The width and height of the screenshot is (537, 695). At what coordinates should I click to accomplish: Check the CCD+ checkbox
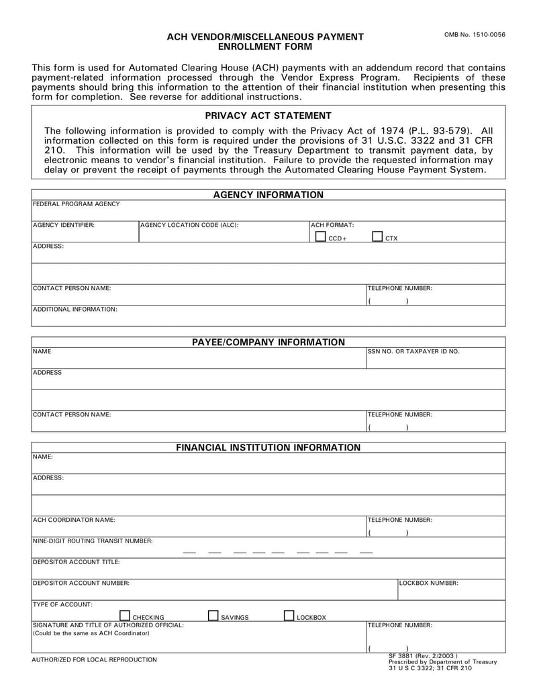(321, 236)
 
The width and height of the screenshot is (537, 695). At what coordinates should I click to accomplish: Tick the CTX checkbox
(377, 236)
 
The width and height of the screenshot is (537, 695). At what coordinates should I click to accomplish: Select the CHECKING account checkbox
(124, 615)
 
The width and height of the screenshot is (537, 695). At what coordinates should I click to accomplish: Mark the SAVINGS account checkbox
(213, 615)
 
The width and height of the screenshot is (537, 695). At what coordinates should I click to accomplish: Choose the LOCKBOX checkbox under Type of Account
(289, 615)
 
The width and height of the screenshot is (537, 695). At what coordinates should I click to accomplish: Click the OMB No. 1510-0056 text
(475, 35)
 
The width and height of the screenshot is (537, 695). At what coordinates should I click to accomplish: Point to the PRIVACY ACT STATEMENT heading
(268, 115)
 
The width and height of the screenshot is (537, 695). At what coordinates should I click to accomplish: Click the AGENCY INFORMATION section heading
(268, 195)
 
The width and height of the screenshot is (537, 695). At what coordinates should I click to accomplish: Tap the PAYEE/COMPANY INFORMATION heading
(268, 342)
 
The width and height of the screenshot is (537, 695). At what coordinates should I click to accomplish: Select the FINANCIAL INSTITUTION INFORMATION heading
(268, 447)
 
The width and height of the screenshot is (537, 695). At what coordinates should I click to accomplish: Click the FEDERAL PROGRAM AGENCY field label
(77, 204)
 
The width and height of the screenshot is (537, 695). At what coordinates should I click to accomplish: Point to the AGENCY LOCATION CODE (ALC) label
(189, 225)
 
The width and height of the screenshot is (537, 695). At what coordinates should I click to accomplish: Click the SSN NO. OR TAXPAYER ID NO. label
(413, 351)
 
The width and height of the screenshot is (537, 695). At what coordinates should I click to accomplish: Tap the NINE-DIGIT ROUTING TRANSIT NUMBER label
(93, 541)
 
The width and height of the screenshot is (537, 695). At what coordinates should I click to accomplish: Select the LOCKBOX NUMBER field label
(429, 583)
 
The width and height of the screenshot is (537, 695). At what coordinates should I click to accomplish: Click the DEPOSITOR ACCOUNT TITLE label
(77, 561)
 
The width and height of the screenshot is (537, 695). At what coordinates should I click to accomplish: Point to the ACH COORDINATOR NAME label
(74, 520)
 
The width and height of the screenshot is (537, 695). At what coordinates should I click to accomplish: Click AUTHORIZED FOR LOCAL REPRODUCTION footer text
(95, 659)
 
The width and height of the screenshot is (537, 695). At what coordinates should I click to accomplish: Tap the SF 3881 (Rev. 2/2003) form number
(423, 655)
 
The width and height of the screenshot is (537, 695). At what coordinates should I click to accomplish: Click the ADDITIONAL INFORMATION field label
(75, 310)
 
